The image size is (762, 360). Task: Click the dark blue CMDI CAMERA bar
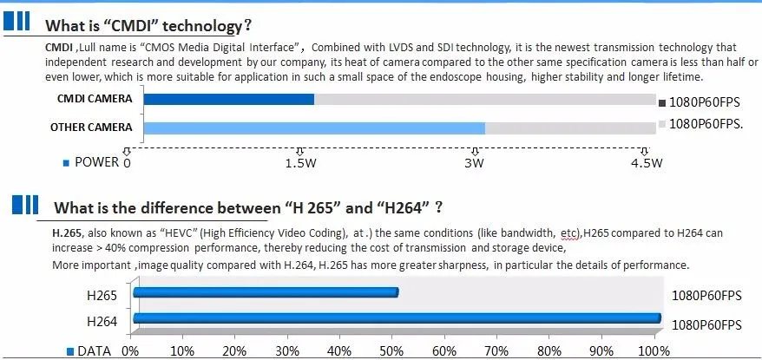click(228, 99)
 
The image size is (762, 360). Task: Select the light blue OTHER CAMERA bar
click(313, 128)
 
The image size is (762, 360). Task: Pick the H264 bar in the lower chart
click(397, 320)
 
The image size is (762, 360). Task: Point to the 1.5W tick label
click(299, 162)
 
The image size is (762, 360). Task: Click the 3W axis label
click(473, 162)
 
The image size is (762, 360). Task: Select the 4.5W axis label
click(646, 162)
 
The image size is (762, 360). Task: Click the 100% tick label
click(654, 350)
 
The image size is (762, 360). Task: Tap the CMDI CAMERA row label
click(91, 99)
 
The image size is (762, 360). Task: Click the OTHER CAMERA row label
click(91, 128)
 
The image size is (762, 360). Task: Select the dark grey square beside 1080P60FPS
click(662, 101)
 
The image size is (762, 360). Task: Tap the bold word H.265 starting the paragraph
click(67, 232)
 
